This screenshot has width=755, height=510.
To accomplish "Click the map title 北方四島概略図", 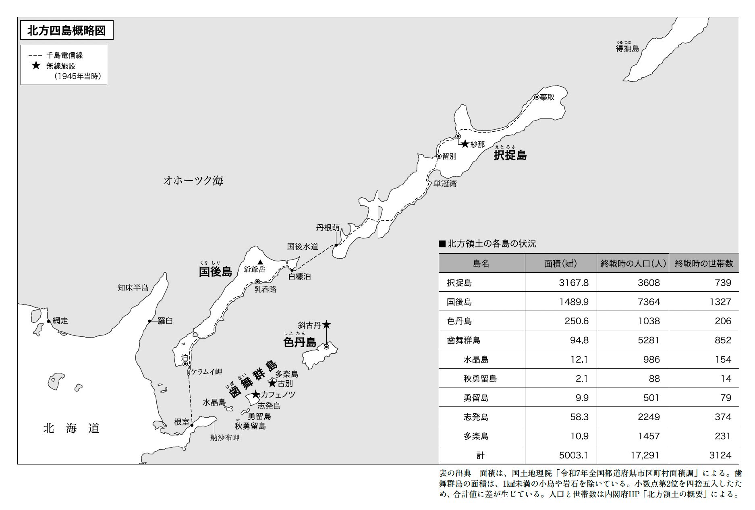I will click(x=66, y=31).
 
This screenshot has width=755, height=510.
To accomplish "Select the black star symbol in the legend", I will click(x=36, y=66).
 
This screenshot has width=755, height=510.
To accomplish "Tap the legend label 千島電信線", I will click(x=64, y=56).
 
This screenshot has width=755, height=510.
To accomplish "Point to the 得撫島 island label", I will click(x=627, y=49).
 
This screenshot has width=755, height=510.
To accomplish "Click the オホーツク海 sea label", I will click(x=193, y=180).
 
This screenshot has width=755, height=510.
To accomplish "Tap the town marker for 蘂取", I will click(x=537, y=97).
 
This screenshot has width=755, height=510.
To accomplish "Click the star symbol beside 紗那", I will click(x=465, y=144).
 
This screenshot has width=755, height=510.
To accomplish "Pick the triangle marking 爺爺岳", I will click(x=260, y=261).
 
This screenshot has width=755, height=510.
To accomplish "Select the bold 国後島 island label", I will click(x=216, y=272).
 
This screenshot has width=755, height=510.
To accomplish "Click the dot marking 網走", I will click(x=49, y=321).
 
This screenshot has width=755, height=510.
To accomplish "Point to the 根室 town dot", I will click(x=192, y=425).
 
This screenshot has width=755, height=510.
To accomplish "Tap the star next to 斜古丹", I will click(x=326, y=324).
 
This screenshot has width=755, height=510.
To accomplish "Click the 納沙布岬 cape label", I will click(x=225, y=438).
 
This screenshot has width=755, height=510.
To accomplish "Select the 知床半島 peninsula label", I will click(x=133, y=288).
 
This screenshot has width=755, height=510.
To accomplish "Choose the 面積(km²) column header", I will click(x=560, y=263).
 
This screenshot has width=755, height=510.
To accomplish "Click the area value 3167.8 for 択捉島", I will click(x=574, y=283).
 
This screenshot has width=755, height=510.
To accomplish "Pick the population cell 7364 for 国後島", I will click(x=649, y=302).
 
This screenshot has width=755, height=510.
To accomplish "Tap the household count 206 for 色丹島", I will click(x=723, y=321).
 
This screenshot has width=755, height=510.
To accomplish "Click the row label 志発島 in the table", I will click(x=476, y=417).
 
